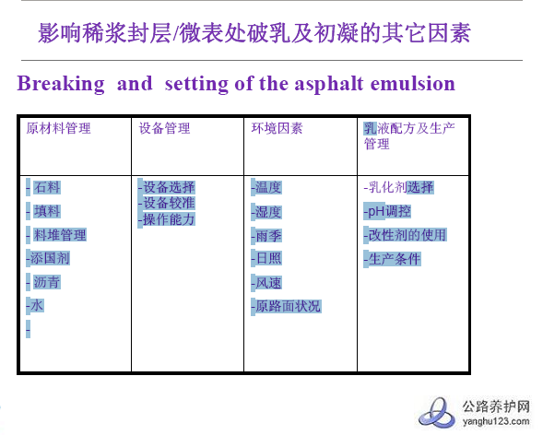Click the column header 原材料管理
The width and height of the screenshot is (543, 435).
[x=59, y=129]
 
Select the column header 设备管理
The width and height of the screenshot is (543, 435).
[x=165, y=129]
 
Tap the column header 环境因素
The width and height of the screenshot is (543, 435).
[x=277, y=129]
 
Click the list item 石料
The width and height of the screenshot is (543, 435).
[x=47, y=187]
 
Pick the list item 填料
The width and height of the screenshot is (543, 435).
[x=47, y=211]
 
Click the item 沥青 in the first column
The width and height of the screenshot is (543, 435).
[x=47, y=282]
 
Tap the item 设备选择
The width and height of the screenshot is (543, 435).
[x=168, y=187]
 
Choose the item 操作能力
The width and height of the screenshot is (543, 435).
[x=168, y=219]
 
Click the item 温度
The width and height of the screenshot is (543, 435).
[x=267, y=187]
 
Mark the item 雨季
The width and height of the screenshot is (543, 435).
[x=267, y=235]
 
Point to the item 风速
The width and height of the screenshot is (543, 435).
[x=267, y=283]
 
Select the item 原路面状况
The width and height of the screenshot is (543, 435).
[x=288, y=306]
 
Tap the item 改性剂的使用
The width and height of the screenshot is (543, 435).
[x=407, y=235]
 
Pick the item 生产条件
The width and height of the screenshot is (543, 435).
[x=394, y=259]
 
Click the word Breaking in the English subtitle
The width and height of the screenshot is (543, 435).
[x=61, y=84]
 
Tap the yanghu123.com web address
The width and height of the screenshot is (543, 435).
[x=494, y=422]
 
